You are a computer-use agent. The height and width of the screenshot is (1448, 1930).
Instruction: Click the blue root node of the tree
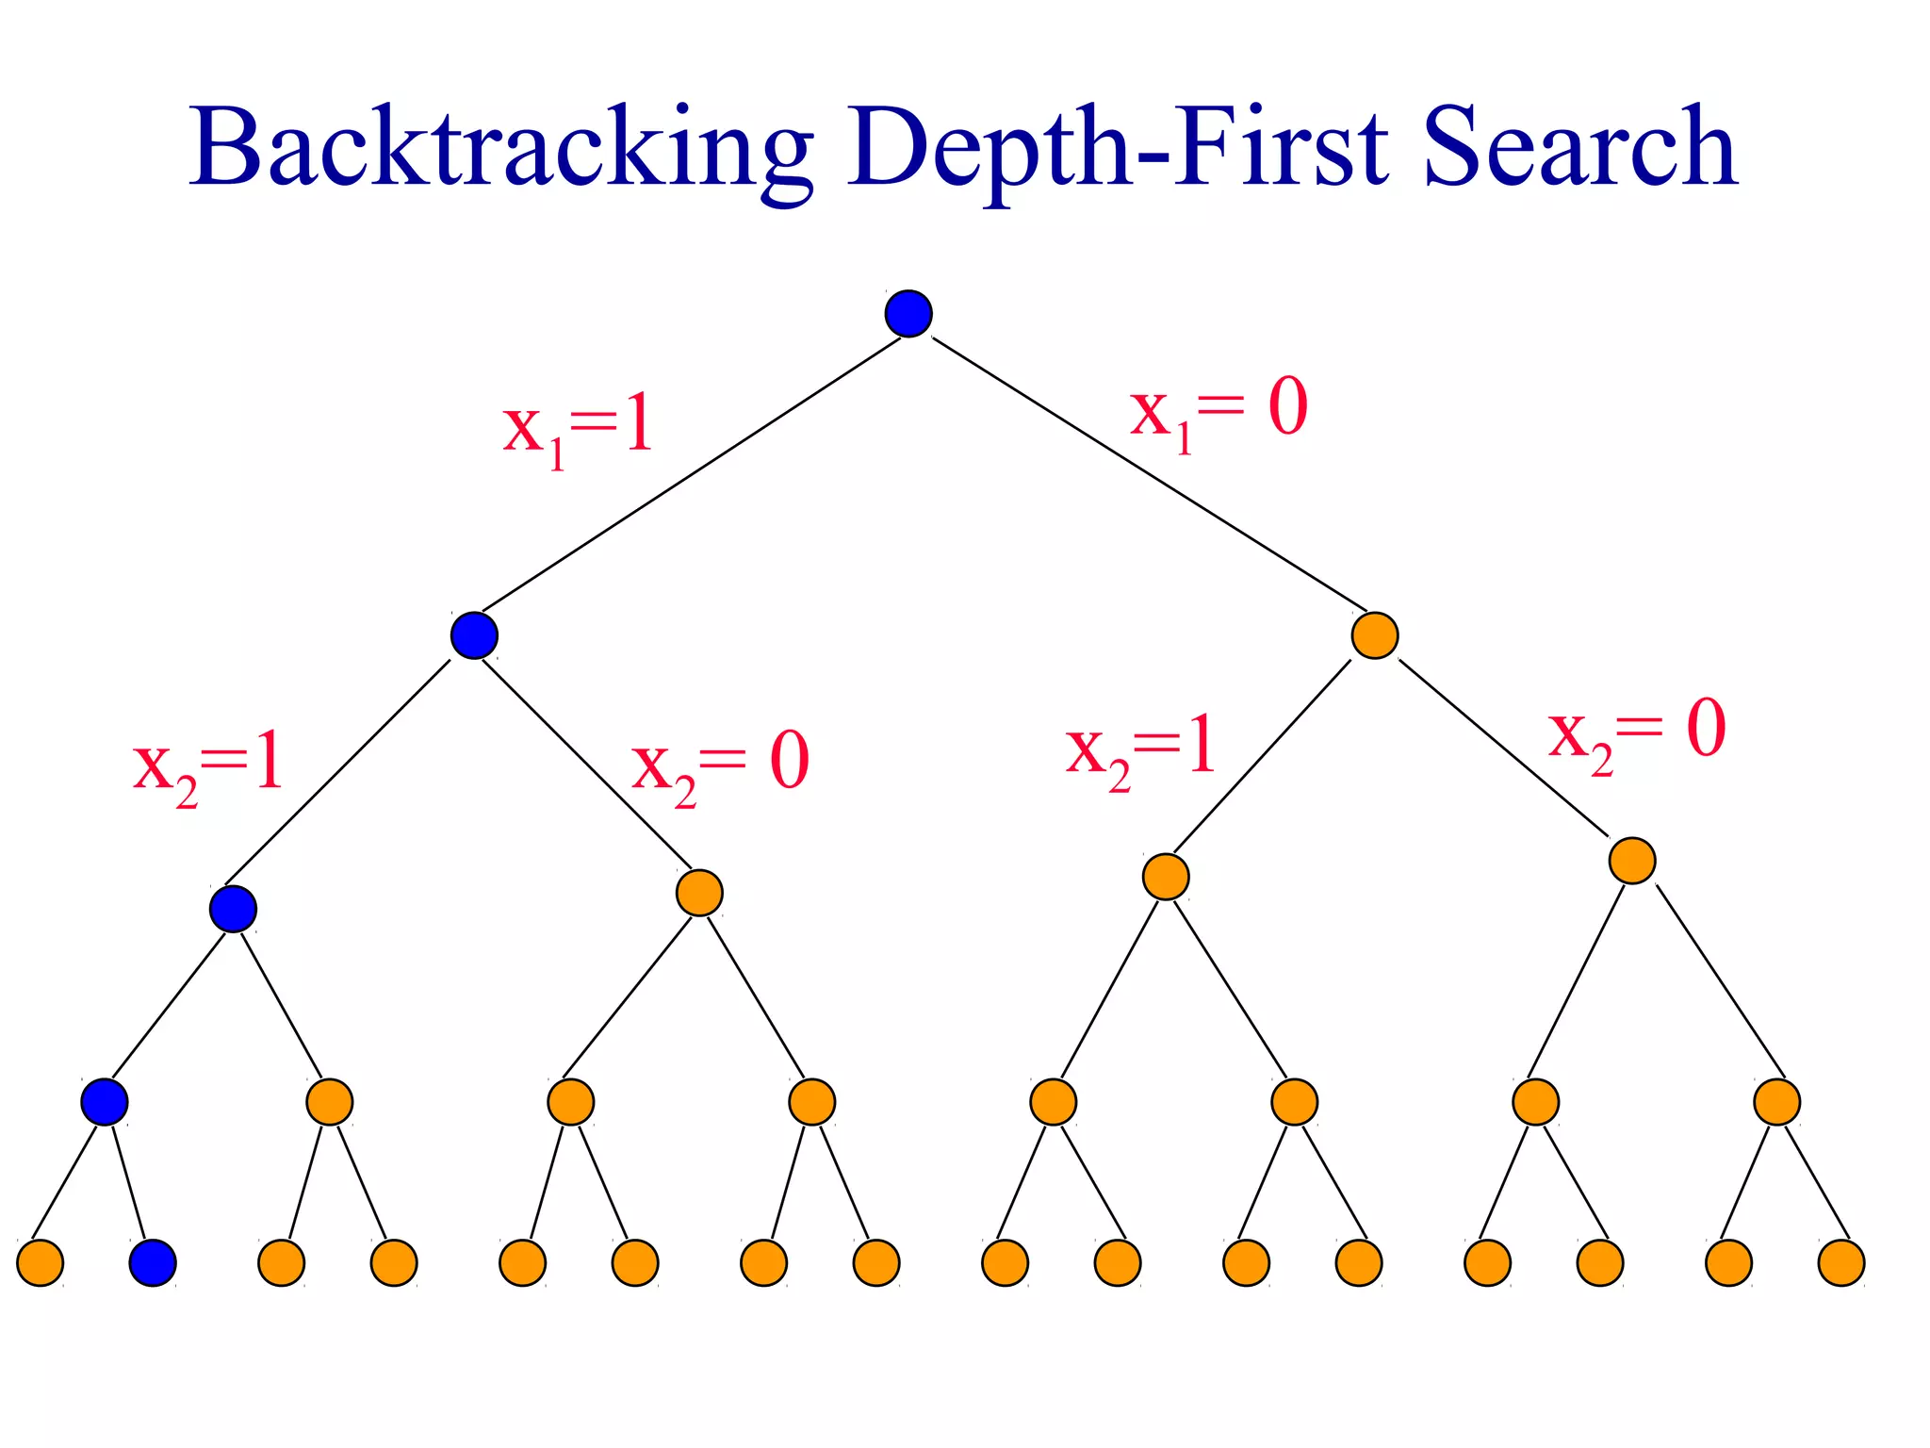coord(908,314)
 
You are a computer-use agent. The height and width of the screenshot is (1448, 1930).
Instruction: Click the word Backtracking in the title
coord(500,148)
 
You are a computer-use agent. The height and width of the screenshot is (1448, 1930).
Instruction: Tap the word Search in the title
coord(1579,148)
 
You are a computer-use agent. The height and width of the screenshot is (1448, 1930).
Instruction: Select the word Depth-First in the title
coord(1117,148)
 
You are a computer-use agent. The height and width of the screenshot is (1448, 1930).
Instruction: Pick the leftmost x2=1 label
coord(207,765)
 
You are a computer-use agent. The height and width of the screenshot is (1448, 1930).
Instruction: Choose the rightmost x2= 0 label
coord(1637,733)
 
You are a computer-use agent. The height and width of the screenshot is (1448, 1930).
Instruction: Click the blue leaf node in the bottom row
coord(153,1263)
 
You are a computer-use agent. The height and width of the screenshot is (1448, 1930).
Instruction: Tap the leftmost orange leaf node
coord(41,1263)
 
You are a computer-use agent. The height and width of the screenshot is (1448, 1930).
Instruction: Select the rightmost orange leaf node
coord(1841,1263)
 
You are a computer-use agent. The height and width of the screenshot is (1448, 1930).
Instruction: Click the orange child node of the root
coord(1374,635)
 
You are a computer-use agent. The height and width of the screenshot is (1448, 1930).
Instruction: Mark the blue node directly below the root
coord(474,635)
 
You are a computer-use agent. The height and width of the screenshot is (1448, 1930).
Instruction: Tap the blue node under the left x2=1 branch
coord(233,909)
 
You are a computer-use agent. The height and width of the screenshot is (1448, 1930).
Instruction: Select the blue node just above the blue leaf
coord(104,1101)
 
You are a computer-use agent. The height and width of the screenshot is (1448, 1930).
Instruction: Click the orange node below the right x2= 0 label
coord(1632,860)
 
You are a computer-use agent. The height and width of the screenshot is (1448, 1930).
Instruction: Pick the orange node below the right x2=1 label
coord(1166,877)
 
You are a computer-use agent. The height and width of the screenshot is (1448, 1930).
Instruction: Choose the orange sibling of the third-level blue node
coord(699,892)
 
